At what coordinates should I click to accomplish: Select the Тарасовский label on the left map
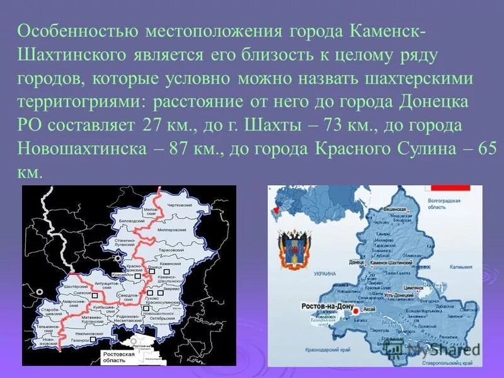pos(188,249)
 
